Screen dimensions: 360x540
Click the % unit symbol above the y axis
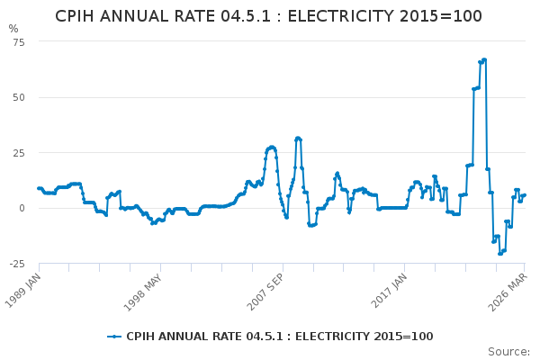(13, 29)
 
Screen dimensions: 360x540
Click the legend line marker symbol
(114, 337)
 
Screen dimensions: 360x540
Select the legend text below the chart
(279, 337)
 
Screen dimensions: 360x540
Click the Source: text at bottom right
(508, 351)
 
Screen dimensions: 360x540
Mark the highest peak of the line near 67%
(484, 60)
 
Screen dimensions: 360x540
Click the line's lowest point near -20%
(500, 253)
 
